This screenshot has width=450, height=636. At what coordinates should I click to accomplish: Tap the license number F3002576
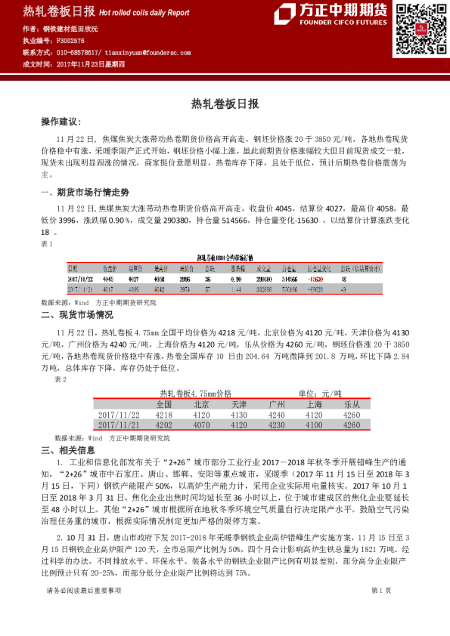pos(71,40)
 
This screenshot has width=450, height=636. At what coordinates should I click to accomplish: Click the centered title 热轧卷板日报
pos(225,103)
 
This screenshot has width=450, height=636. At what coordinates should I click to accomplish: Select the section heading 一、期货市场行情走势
pos(79,193)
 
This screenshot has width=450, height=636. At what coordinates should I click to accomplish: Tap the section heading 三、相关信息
pos(67,450)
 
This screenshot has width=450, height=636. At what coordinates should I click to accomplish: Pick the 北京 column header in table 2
pos(200,404)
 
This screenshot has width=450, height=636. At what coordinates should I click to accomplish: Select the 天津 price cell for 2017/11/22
pos(239,415)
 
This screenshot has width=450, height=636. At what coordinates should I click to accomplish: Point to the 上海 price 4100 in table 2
pos(315,425)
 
